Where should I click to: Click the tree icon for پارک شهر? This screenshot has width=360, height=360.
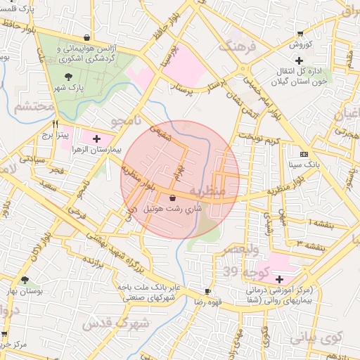67,77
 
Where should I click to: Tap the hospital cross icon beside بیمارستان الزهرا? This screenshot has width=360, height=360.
96,138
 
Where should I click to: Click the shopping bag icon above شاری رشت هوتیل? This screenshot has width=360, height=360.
172,198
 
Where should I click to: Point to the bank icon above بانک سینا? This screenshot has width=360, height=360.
303,155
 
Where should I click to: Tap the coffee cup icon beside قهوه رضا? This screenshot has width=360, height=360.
207,291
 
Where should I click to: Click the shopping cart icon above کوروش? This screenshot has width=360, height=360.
300,34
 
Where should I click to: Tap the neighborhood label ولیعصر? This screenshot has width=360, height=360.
241,250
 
